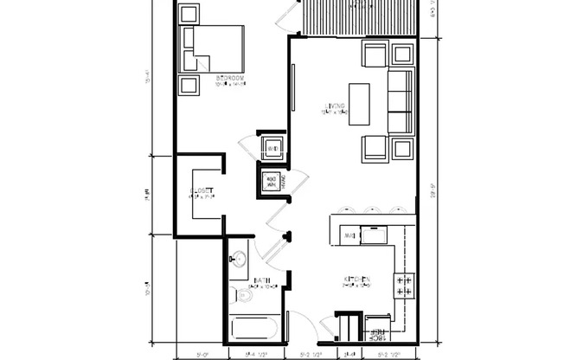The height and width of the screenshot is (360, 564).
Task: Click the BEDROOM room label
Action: click(x=230, y=80)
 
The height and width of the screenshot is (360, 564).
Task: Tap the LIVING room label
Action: click(x=333, y=109)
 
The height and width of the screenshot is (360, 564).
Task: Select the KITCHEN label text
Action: click(x=357, y=279)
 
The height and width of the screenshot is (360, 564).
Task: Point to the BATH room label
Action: click(x=262, y=280)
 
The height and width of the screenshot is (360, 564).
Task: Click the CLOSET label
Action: click(x=201, y=191)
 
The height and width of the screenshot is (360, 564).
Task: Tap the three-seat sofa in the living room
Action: click(x=401, y=101)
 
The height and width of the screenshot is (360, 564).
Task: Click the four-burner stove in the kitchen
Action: click(x=403, y=286)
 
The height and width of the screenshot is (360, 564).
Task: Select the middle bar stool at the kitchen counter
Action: click(x=371, y=209)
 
